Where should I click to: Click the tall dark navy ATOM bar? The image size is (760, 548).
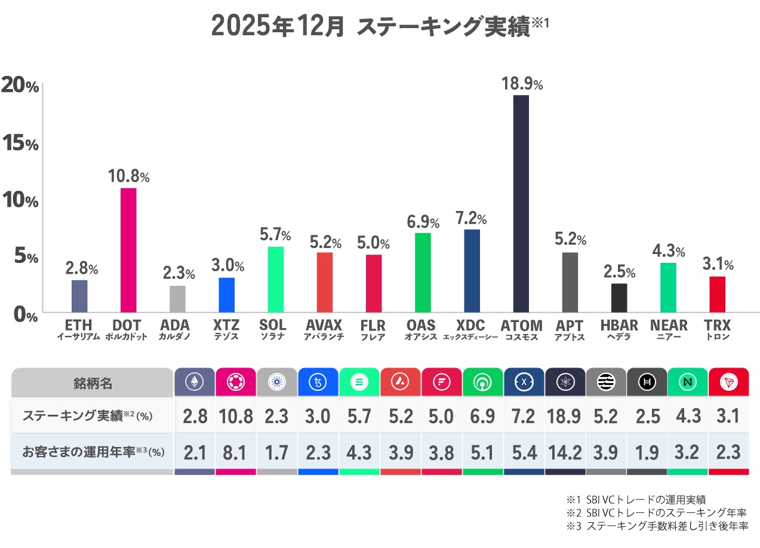point(521,203)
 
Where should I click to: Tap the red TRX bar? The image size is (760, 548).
point(717,294)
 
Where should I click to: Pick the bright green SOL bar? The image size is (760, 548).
point(275,279)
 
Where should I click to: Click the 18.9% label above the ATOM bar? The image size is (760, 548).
point(521,84)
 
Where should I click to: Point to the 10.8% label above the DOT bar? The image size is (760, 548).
point(128,176)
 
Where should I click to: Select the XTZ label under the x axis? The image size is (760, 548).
point(226,326)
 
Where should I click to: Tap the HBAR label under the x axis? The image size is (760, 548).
point(619,326)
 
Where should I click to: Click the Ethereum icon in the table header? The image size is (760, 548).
point(194,382)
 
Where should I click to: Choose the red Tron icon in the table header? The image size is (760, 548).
point(728,382)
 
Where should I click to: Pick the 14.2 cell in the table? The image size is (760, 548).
point(564,452)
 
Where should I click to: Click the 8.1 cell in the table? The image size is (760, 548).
point(235,452)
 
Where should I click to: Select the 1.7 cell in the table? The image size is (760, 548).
point(276,452)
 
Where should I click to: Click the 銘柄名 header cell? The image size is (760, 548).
point(93,382)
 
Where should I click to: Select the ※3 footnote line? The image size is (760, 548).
point(657,526)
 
